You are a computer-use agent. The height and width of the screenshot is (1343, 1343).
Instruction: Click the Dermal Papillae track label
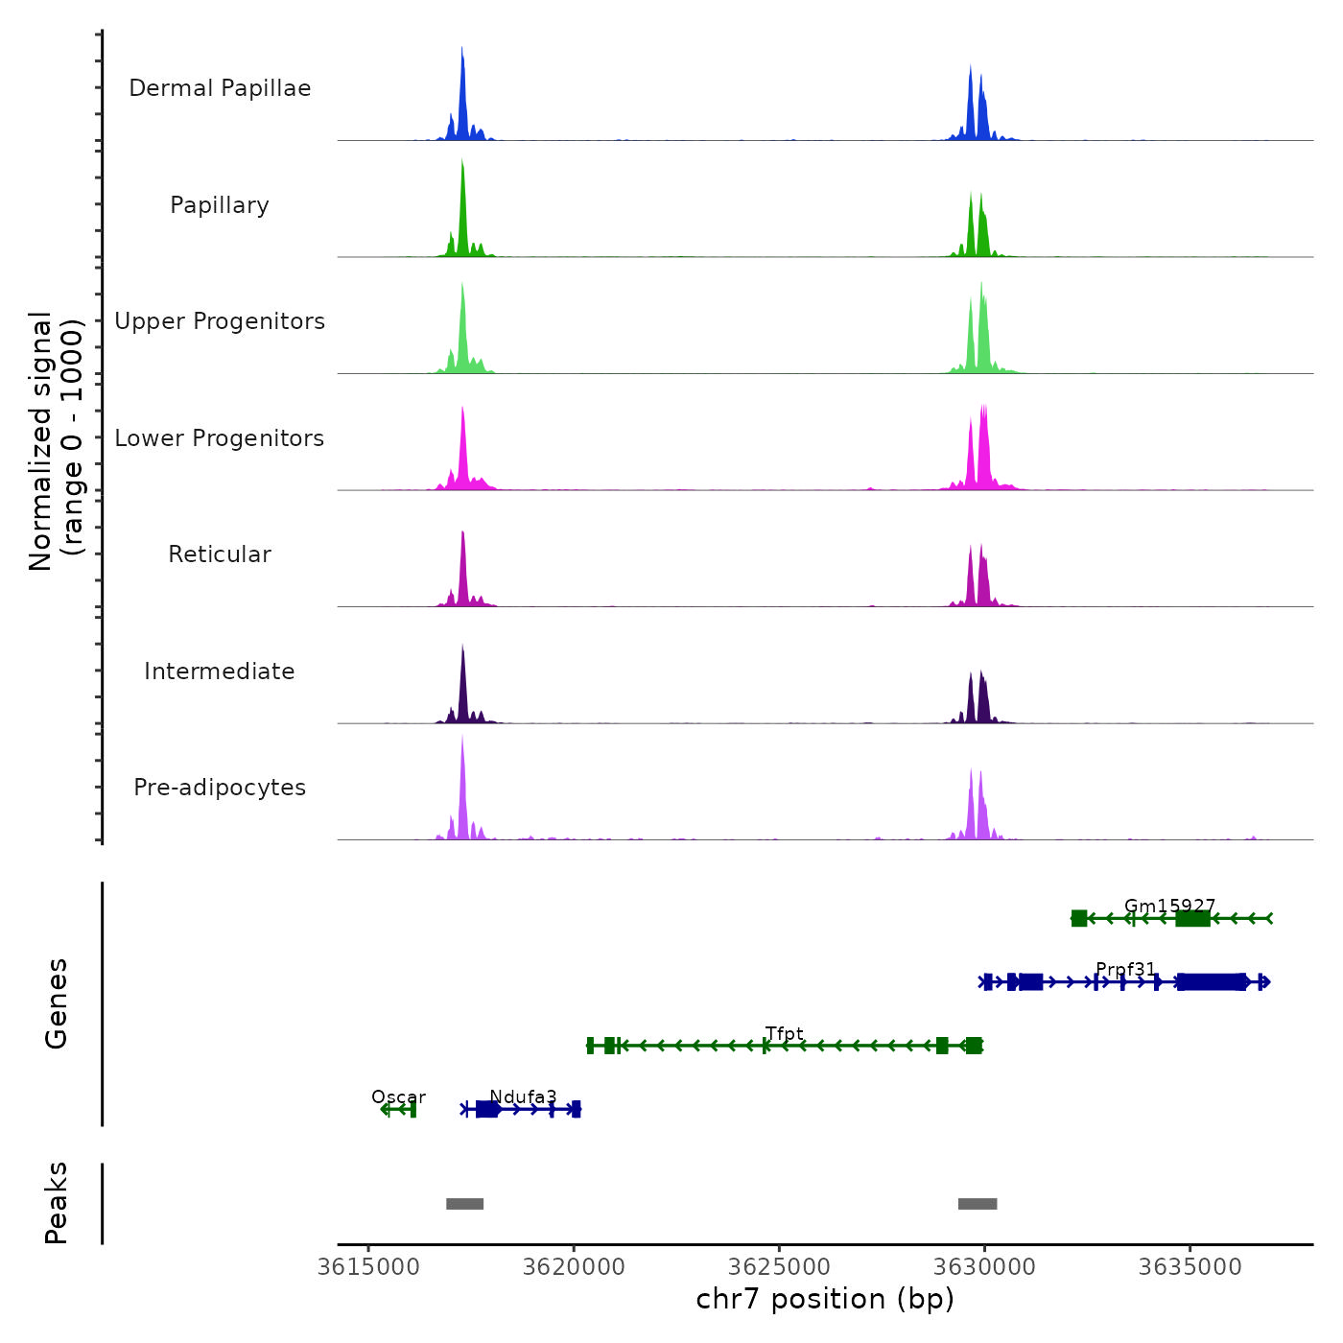click(x=220, y=88)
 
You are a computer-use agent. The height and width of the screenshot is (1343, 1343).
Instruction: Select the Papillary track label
click(x=220, y=205)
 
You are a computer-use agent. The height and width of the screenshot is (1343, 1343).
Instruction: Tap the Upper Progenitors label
click(x=220, y=321)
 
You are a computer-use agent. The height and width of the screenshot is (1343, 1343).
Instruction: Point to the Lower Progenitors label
click(x=220, y=438)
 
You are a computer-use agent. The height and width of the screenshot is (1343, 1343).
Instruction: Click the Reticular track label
click(x=220, y=554)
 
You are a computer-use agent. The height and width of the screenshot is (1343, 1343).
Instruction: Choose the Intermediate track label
click(x=220, y=671)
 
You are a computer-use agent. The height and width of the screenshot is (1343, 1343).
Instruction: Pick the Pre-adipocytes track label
click(x=220, y=788)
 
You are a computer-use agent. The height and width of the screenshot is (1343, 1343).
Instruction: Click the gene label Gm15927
click(x=1169, y=906)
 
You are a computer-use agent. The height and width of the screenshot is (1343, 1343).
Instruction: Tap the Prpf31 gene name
click(x=1125, y=969)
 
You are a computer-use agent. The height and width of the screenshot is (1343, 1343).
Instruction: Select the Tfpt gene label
click(x=784, y=1033)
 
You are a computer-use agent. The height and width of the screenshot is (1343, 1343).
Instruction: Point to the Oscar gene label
click(x=398, y=1096)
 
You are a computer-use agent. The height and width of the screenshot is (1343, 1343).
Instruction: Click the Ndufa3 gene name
click(x=523, y=1096)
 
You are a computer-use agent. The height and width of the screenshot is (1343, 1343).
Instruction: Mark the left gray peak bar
click(x=465, y=1204)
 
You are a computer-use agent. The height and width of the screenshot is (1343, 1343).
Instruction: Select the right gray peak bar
click(x=978, y=1204)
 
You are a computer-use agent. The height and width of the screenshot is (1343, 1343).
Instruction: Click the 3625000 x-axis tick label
click(x=779, y=1267)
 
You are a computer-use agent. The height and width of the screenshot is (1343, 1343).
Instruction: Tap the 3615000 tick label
click(x=368, y=1267)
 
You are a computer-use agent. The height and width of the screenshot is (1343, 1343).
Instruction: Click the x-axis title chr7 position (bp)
click(x=825, y=1299)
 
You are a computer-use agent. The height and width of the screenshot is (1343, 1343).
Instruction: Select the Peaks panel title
click(x=57, y=1203)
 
